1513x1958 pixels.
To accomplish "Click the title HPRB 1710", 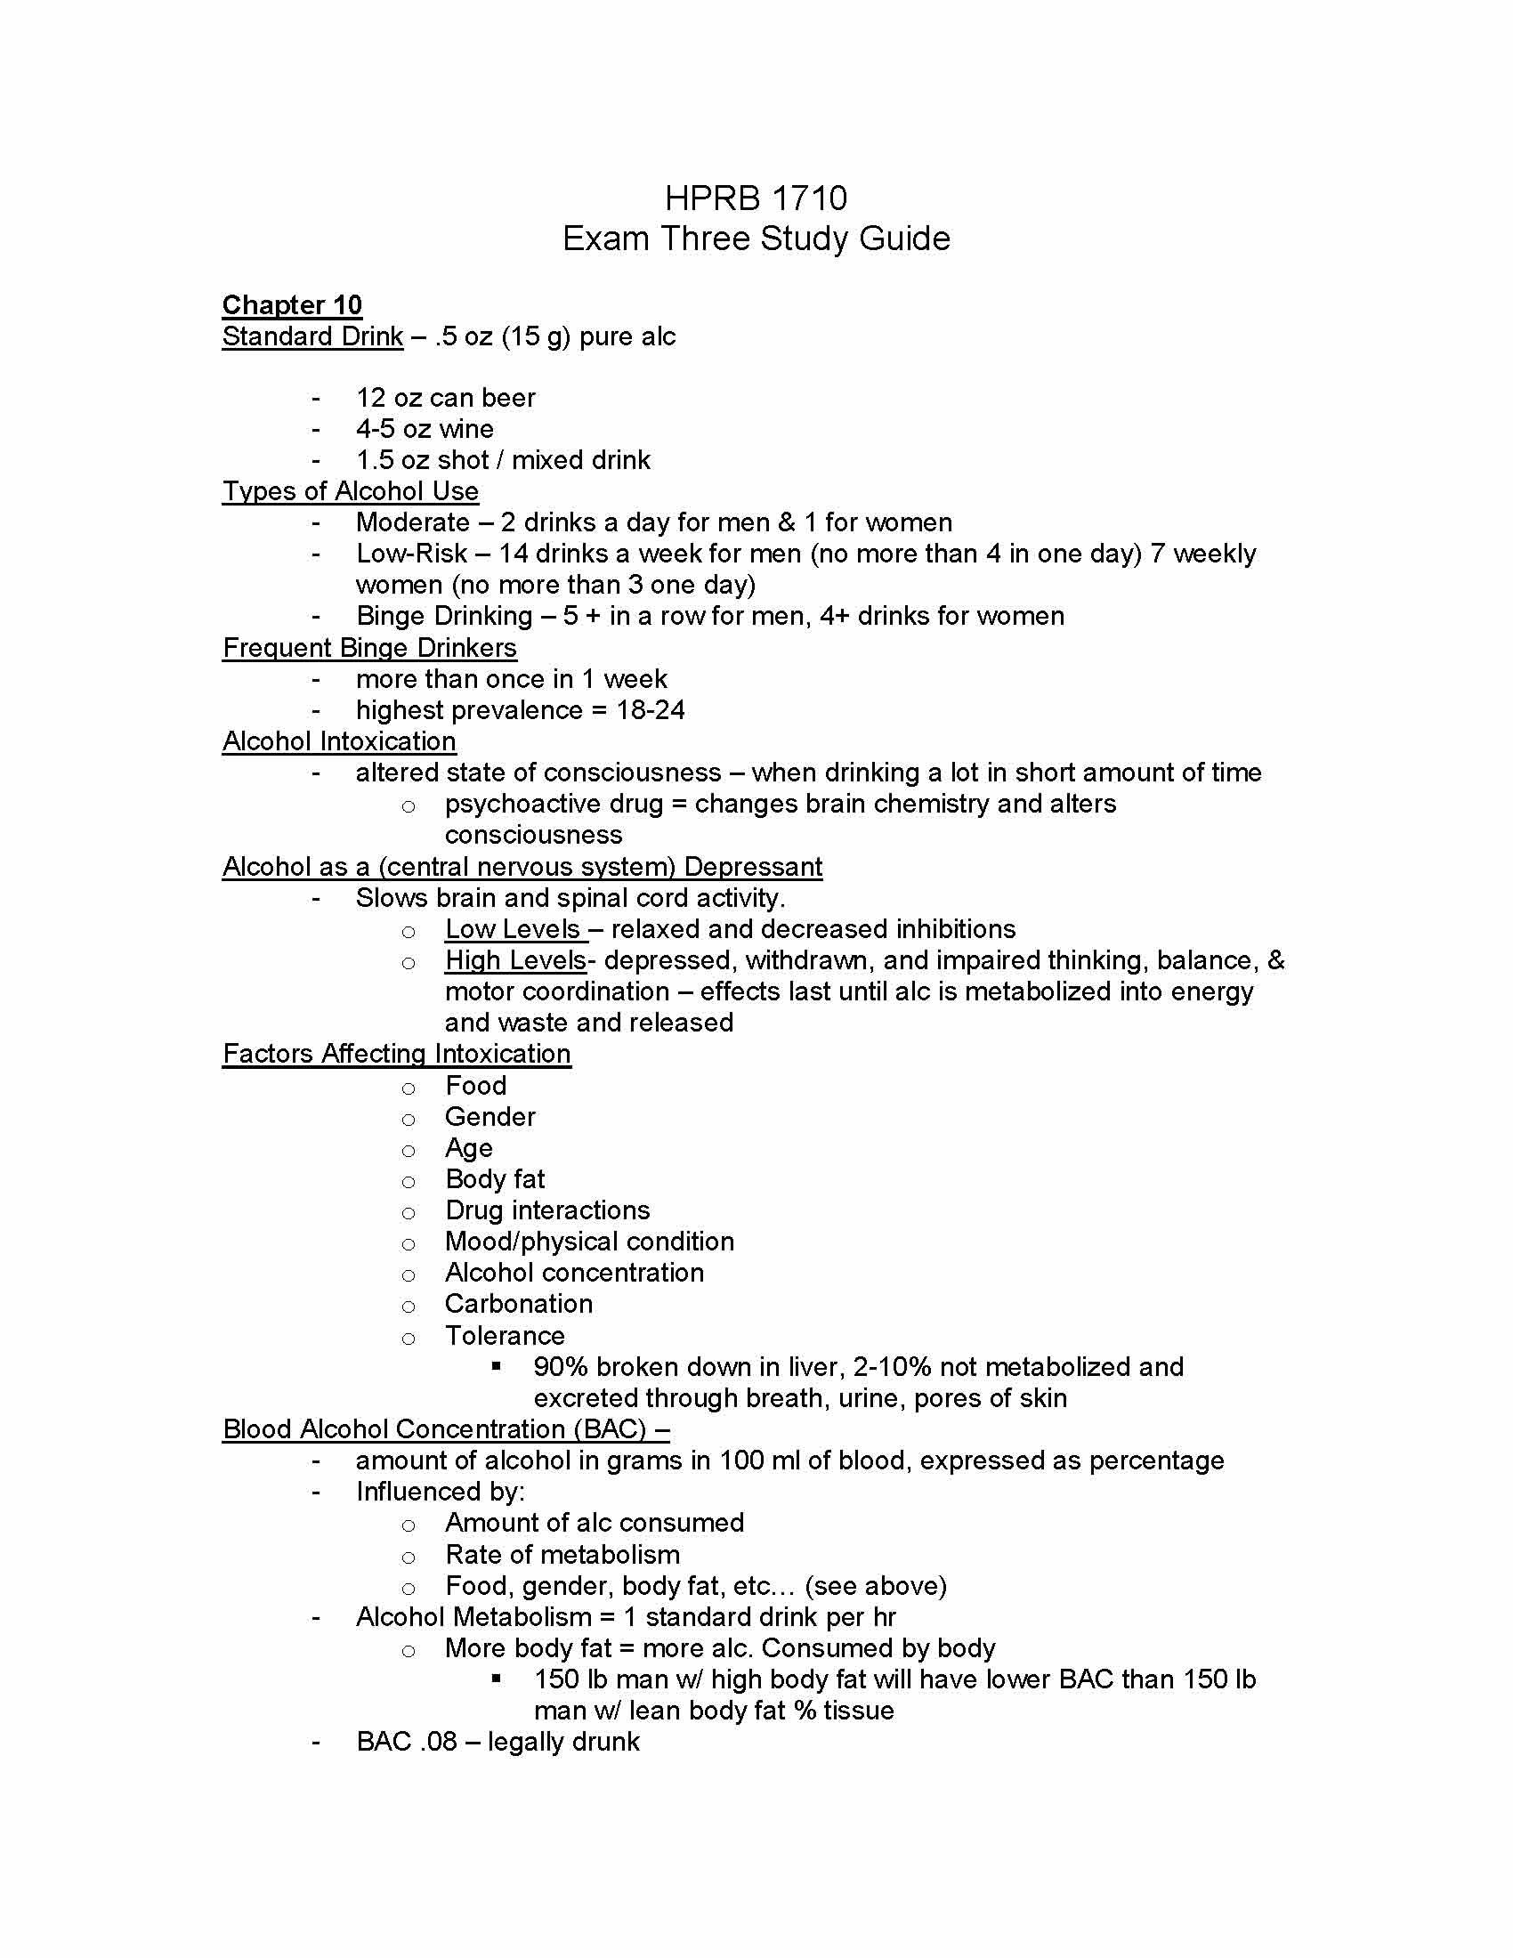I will pyautogui.click(x=756, y=198).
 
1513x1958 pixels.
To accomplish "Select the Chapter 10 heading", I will pyautogui.click(x=292, y=304).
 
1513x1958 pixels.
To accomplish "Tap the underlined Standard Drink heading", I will pyautogui.click(x=312, y=336).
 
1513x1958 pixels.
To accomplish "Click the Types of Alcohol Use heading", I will pyautogui.click(x=351, y=491).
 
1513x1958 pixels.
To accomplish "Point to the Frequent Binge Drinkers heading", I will pyautogui.click(x=369, y=647).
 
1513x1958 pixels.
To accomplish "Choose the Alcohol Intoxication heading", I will pyautogui.click(x=339, y=741).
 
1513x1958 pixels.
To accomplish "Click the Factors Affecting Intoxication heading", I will pyautogui.click(x=396, y=1054).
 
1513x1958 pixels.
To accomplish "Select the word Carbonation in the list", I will pyautogui.click(x=519, y=1304).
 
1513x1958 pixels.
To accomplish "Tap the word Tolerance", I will pyautogui.click(x=505, y=1335).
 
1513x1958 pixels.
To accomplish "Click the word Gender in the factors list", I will pyautogui.click(x=490, y=1117).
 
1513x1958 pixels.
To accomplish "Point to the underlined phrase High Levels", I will pyautogui.click(x=515, y=960).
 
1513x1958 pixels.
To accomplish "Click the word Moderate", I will pyautogui.click(x=412, y=522).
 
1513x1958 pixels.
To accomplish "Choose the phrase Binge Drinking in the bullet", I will pyautogui.click(x=445, y=616).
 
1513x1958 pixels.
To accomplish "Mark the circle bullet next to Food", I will pyautogui.click(x=409, y=1088).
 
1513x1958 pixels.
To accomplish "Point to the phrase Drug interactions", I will pyautogui.click(x=547, y=1210).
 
